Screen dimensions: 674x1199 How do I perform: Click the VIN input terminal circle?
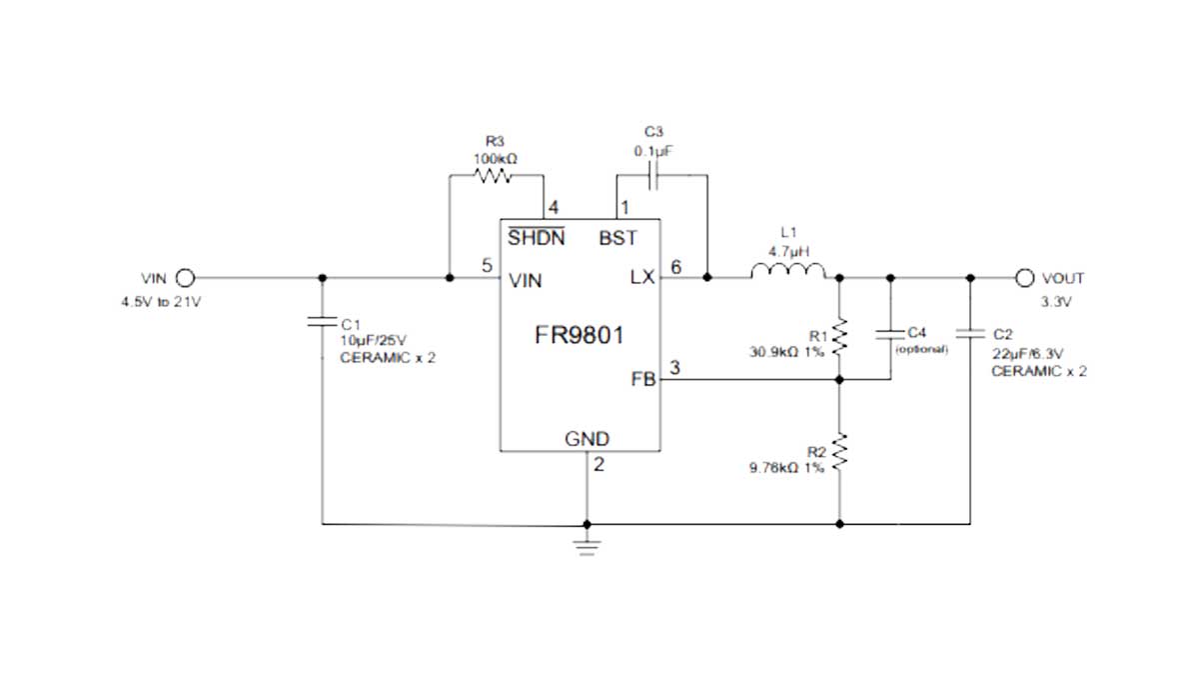184,278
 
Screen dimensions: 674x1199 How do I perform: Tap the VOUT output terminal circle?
1023,278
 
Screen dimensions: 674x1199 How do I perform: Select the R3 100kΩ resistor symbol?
495,176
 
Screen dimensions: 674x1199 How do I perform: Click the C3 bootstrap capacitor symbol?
653,176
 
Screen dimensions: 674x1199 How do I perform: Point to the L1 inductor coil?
787,271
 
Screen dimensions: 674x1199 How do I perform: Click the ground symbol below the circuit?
587,545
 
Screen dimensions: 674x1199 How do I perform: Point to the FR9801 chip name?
580,335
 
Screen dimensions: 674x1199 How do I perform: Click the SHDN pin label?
536,239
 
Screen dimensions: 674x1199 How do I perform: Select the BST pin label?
617,239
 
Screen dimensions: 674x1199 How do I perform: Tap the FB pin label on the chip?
641,380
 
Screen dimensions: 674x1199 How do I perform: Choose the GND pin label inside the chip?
587,439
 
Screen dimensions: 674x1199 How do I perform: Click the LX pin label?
641,279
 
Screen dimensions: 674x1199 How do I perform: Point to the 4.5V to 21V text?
160,302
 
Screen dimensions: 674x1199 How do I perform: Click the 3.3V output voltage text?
1056,302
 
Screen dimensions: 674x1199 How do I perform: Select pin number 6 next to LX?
676,267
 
